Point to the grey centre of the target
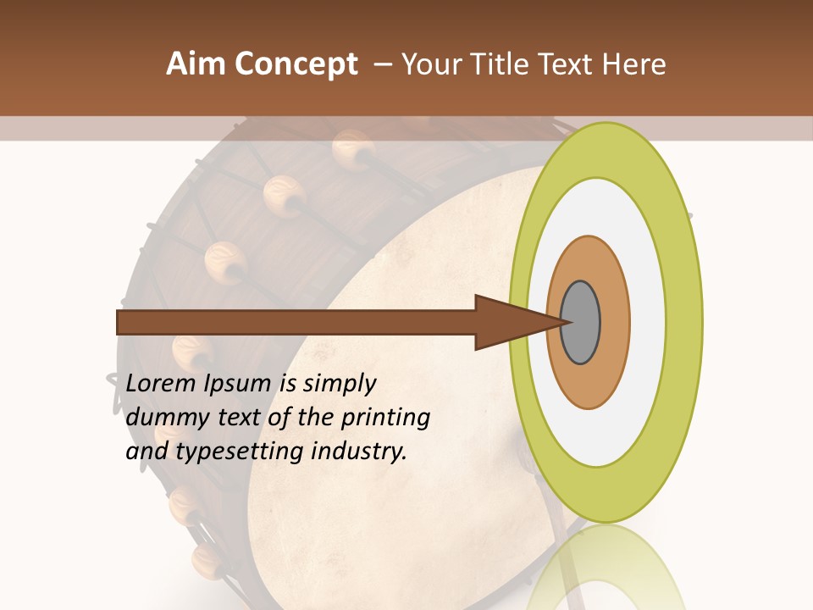click(581, 323)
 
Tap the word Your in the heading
click(429, 64)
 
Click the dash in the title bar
click(382, 65)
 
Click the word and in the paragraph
click(147, 452)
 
